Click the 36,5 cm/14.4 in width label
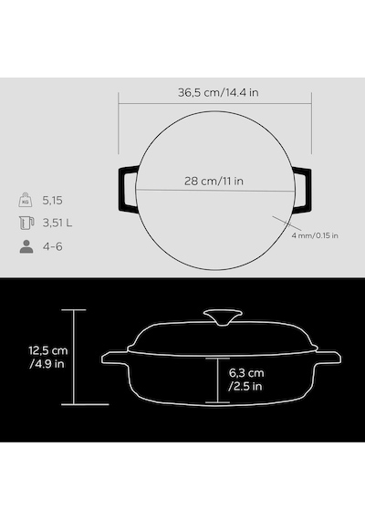point(218,92)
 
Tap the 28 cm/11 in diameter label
point(214,181)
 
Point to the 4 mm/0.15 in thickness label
point(315,235)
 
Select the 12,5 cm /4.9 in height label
point(47,358)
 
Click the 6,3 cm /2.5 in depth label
point(246,380)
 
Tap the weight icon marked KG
point(26,200)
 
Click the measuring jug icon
point(26,223)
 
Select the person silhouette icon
point(26,246)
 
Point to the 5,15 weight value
point(52,201)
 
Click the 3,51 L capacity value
point(57,223)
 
